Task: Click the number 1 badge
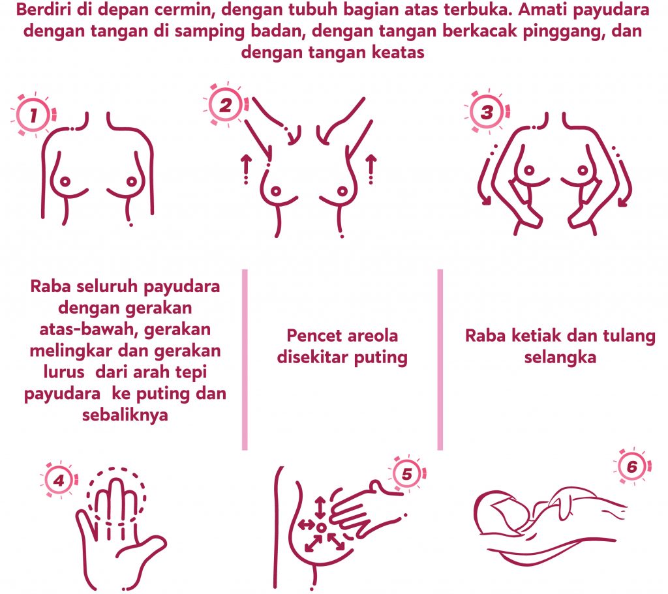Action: coord(33,115)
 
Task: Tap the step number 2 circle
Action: coord(225,105)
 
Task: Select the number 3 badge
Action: coord(487,112)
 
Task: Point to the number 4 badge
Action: coord(58,481)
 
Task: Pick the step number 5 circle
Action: coord(407,473)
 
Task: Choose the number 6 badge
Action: coord(632,466)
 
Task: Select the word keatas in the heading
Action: coord(398,52)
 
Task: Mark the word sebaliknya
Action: coord(125,415)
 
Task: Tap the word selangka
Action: coord(560,358)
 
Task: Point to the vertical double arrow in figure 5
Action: coord(320,507)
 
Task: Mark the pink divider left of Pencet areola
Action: coord(245,359)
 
